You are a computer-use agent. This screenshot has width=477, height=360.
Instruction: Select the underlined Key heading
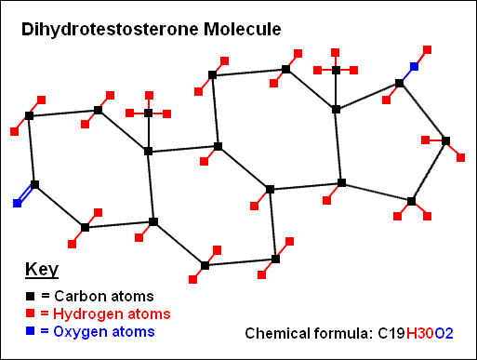coord(41,271)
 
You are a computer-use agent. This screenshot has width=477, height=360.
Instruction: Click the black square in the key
coord(30,295)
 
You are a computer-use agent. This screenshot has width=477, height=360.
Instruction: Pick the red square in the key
coord(30,313)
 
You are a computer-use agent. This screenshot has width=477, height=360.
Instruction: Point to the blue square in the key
coord(30,331)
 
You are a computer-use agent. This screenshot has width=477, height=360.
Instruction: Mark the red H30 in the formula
coord(417,332)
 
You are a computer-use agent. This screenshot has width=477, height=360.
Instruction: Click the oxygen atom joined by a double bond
coord(17,202)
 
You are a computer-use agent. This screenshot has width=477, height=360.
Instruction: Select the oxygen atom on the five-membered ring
coord(414,67)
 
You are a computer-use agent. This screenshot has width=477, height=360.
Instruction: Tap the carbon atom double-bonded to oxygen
coord(35,184)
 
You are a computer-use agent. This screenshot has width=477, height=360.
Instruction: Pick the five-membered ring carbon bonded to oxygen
coord(399,84)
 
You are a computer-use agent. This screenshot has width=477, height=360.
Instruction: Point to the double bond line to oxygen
coord(26,193)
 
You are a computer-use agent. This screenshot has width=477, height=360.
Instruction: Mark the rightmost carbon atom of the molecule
coord(445,141)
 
